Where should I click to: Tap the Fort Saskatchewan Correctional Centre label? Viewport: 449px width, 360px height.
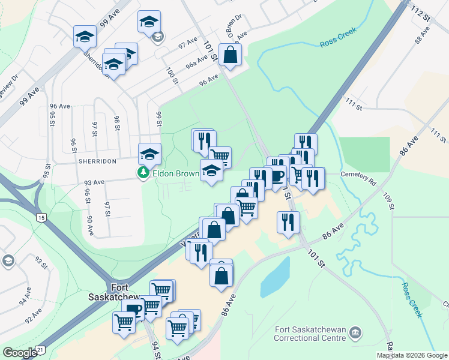pos(310,334)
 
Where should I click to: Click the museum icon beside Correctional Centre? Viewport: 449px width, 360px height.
pos(355,332)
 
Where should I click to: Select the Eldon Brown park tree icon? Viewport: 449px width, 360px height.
pos(143,173)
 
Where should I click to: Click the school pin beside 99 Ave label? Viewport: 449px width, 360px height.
pos(85,37)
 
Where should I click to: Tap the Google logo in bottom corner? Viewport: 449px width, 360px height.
pos(19,353)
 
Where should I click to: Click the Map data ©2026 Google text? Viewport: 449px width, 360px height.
pos(412,355)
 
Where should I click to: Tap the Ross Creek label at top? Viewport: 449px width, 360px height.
pos(338,37)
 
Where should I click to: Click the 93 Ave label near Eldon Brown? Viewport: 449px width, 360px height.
pos(94,182)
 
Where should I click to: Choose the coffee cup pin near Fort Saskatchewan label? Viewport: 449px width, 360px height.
pos(133,310)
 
